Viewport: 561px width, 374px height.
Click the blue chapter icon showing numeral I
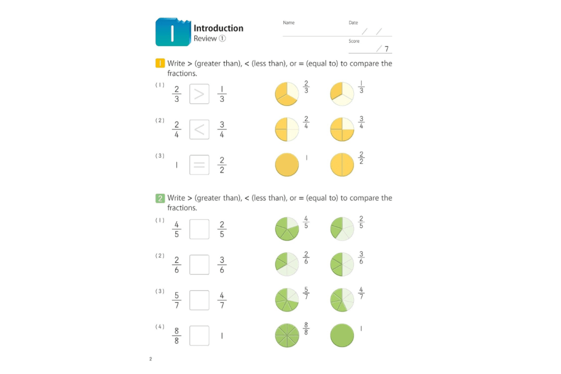(x=172, y=32)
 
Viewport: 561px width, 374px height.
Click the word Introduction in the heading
(x=218, y=28)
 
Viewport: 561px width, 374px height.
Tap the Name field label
(x=289, y=23)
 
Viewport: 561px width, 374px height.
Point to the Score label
(x=354, y=42)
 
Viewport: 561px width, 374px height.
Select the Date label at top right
(x=353, y=23)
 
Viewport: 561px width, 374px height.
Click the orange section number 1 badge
(x=160, y=64)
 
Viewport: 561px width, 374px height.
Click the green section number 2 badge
(x=160, y=198)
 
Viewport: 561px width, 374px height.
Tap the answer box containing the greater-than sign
(x=199, y=94)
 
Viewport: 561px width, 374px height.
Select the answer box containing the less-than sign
(x=199, y=129)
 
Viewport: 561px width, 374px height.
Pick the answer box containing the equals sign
(x=199, y=165)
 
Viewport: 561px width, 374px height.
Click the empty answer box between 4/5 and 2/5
(x=199, y=229)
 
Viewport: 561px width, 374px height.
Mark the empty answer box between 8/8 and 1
(x=199, y=336)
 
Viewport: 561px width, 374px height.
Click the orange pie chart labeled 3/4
(x=342, y=129)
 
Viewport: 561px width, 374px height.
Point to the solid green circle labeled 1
(x=342, y=335)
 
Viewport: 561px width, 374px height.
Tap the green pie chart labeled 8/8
(x=287, y=335)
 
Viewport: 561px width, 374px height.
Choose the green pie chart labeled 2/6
(x=287, y=264)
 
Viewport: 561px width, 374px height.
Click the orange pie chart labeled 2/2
(x=342, y=165)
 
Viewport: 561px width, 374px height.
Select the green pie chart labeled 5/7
(x=287, y=300)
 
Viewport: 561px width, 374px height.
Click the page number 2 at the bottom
(x=151, y=359)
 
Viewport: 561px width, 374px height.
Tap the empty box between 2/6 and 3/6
(x=199, y=264)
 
